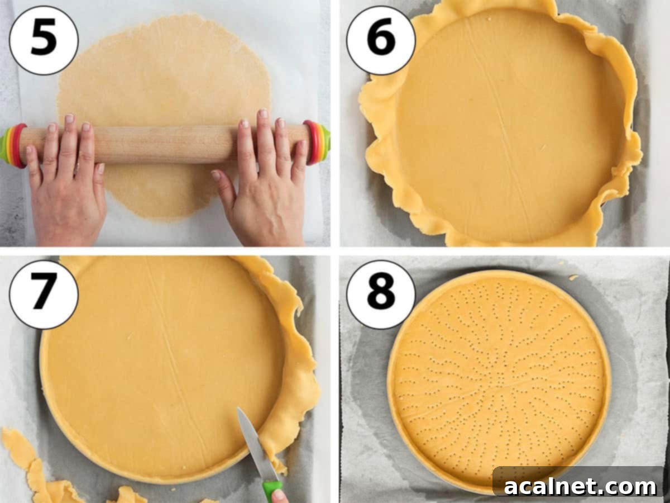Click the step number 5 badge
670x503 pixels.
pos(44,40)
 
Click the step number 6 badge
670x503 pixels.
pos(381,40)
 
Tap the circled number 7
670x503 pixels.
pos(44,295)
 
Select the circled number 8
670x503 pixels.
pos(381,295)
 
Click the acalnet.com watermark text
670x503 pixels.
pos(580,487)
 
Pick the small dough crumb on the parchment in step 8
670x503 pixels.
pos(573,278)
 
